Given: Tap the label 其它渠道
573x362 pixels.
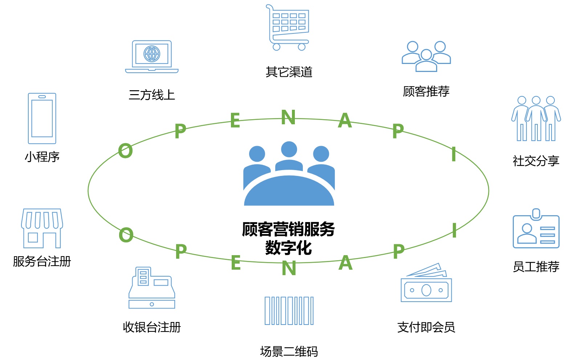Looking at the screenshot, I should [x=289, y=72].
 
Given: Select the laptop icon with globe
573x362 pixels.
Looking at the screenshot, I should [x=152, y=57].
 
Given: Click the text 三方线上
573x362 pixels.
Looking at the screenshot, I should [x=152, y=95].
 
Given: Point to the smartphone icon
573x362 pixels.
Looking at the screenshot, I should [x=42, y=118].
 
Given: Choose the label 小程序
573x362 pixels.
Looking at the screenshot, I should [x=42, y=157].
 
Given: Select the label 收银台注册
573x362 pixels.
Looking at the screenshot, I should [x=152, y=327].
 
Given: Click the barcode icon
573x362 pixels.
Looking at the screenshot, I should [x=289, y=311].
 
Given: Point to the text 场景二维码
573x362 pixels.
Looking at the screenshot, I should [x=289, y=351].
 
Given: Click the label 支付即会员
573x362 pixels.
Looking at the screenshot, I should [x=426, y=327].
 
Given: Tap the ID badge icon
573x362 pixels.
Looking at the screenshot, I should [x=536, y=229].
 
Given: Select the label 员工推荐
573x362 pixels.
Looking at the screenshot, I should [x=536, y=267].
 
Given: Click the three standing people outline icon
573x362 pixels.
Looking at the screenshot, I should [x=536, y=118].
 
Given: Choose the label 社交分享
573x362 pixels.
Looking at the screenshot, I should [x=536, y=161].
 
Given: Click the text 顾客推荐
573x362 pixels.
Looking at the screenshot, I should [x=426, y=91].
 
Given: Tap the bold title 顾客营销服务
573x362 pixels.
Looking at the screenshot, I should [x=289, y=229].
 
